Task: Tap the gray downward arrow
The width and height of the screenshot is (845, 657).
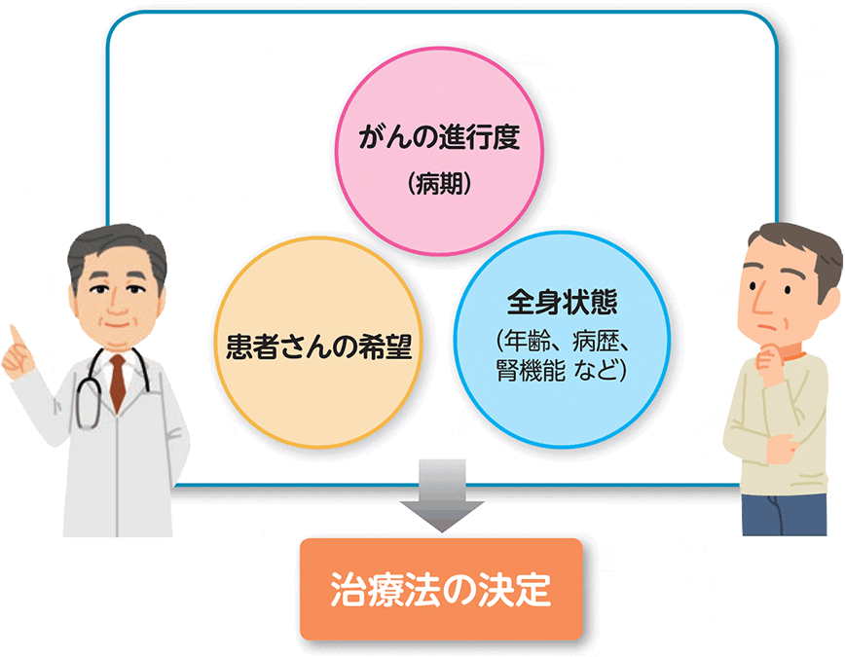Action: tap(441, 495)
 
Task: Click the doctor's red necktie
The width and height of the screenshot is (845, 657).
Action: tap(118, 379)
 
